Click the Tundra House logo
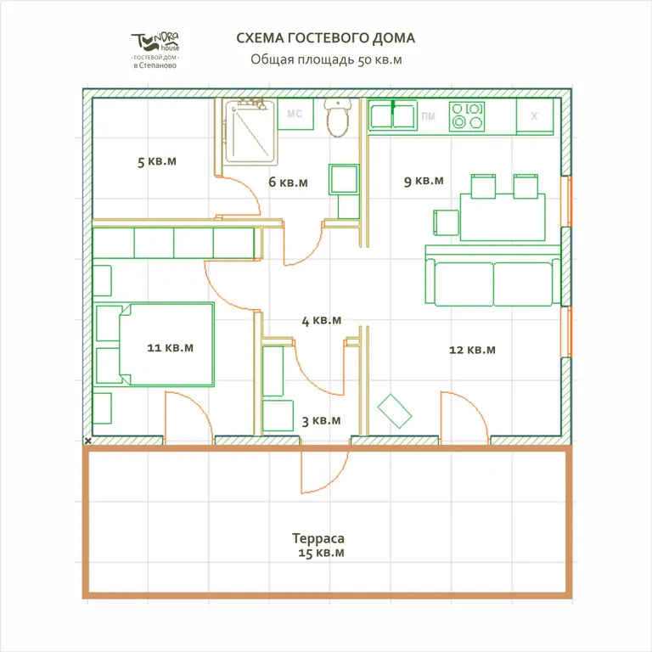[x=155, y=50]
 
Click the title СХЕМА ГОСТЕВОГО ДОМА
[x=326, y=38]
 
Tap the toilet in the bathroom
[x=338, y=118]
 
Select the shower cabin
[x=250, y=132]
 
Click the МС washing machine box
[x=295, y=114]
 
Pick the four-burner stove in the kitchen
[x=467, y=116]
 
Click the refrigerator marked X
[x=535, y=116]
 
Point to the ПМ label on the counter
[x=428, y=116]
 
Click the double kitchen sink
[x=393, y=116]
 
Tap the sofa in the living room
[x=493, y=276]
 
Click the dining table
[x=503, y=217]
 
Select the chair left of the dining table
[x=447, y=222]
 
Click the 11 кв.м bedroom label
[x=171, y=347]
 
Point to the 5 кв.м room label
[x=157, y=161]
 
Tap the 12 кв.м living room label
[x=472, y=350]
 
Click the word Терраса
[x=318, y=538]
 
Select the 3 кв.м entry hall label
[x=322, y=421]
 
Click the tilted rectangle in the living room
[x=395, y=411]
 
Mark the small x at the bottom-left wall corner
[x=87, y=441]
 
